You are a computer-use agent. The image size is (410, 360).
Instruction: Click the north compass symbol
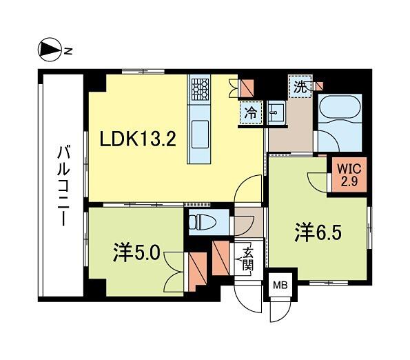point(50,50)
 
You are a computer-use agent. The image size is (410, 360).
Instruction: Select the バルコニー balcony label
point(63,186)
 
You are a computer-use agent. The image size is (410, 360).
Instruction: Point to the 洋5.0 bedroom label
point(136,254)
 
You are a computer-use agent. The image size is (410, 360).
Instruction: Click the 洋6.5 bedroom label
point(318,232)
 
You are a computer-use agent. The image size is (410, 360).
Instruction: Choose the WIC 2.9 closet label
point(349,174)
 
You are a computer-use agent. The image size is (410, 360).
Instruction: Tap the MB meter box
point(280,285)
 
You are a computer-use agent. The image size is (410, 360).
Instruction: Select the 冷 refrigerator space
point(251,113)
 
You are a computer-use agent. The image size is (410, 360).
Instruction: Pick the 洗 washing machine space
point(300,87)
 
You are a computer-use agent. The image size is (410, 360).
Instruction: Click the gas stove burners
point(201,90)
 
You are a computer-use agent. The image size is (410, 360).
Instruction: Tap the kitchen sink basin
point(200,134)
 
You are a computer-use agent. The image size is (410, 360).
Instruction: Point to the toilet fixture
point(203,222)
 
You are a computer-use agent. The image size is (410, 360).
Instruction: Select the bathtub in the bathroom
point(340,108)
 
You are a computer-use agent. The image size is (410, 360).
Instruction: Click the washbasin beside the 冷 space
point(276,112)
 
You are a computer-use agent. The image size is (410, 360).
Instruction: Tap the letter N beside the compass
point(68,51)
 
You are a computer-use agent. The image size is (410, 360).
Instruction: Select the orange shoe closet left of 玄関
point(221,258)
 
